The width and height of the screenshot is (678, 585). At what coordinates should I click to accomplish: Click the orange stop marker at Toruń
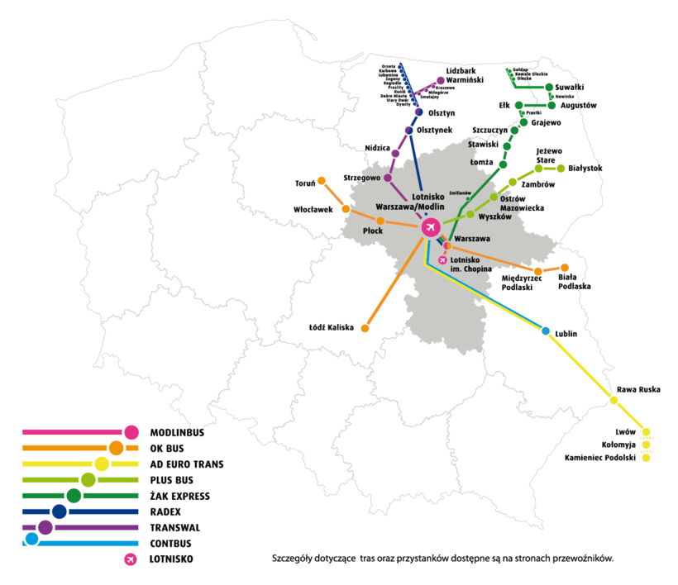click(x=322, y=180)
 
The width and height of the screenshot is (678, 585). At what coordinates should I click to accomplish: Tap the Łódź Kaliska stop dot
click(x=365, y=328)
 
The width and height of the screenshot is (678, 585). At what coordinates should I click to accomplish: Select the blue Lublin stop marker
click(x=545, y=331)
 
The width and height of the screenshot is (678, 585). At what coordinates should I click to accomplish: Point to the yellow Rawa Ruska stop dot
click(x=614, y=400)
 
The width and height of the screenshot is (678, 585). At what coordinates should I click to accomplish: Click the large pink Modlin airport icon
click(x=429, y=226)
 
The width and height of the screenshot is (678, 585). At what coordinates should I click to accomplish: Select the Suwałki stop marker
click(x=548, y=86)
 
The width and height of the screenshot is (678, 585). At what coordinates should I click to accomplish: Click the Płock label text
click(x=374, y=232)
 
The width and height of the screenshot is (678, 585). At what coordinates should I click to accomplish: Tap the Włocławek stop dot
click(x=344, y=208)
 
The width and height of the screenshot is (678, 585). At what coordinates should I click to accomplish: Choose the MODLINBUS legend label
click(x=177, y=432)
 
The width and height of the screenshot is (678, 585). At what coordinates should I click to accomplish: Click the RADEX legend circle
click(x=59, y=511)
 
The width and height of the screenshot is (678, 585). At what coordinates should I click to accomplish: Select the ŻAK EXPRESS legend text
click(x=179, y=496)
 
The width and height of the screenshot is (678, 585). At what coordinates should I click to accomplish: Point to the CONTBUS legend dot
click(x=31, y=540)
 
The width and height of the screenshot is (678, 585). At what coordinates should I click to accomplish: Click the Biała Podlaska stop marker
click(x=565, y=268)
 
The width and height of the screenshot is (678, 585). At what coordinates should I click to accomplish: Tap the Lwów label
click(x=625, y=431)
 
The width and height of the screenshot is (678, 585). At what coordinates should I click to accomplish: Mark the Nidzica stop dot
click(x=395, y=154)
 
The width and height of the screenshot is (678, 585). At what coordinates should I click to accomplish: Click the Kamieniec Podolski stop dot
click(x=647, y=458)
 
